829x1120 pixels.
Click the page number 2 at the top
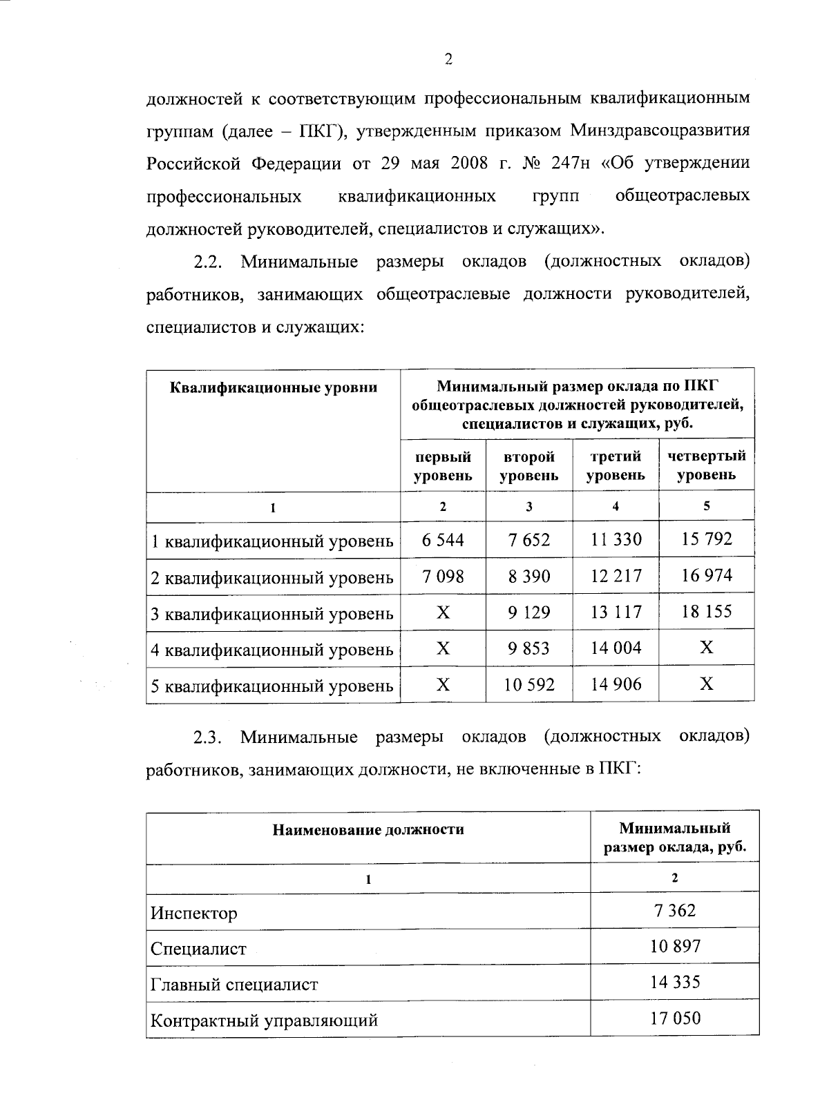coord(448,60)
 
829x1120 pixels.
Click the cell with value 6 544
coord(443,539)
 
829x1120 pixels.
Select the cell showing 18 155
coord(706,611)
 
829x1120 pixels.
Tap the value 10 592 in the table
coord(529,684)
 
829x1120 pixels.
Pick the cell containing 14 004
coord(616,648)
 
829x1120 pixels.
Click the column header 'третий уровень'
coord(616,465)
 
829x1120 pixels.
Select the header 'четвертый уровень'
coord(706,465)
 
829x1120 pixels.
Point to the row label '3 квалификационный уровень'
coord(272,613)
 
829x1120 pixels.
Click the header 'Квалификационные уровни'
coord(274,387)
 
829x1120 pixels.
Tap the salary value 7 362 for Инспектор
coord(674,910)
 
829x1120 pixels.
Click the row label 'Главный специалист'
coord(234,984)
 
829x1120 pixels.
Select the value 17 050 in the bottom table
coord(674,1018)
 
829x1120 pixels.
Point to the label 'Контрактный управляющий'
coord(264,1020)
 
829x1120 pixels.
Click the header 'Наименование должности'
coord(368,829)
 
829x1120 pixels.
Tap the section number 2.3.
coord(206,737)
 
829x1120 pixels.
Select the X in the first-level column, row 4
coord(443,648)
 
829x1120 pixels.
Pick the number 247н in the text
coord(571,163)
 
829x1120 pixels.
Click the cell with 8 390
coord(529,576)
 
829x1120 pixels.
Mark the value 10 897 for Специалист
coord(674,946)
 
